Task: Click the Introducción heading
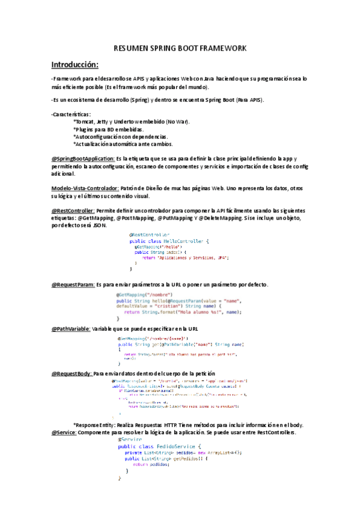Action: click(x=75, y=64)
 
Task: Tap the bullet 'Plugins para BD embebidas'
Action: click(x=108, y=129)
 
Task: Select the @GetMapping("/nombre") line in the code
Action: click(x=141, y=295)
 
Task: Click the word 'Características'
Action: click(x=72, y=114)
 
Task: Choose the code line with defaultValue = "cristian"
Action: click(x=168, y=306)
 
